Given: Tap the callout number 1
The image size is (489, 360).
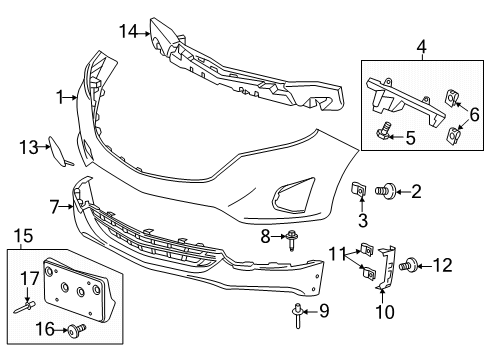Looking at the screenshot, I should coord(61,98).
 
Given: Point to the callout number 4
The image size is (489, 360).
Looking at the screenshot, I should coord(423,45).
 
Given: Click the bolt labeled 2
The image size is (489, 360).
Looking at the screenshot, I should coord(385,190).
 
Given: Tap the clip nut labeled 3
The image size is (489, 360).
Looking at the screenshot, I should coord(360,188).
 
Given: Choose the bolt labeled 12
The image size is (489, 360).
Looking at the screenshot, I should coord(412,266).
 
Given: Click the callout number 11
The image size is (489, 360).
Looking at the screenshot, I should coord(338,254).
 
